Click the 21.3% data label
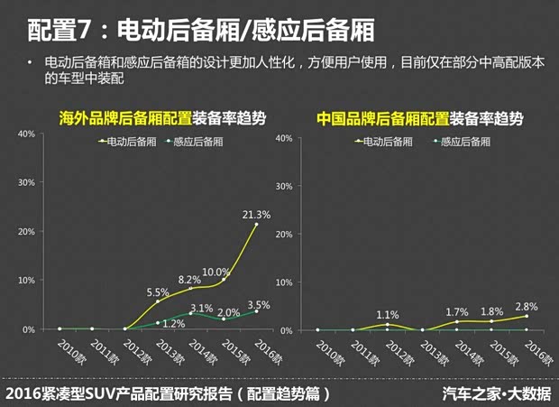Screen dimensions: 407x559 point(256,215)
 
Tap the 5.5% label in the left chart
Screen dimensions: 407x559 point(158,292)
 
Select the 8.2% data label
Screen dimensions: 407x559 point(189,280)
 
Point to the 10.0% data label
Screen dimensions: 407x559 point(215,272)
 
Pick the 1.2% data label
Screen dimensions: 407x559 point(174,323)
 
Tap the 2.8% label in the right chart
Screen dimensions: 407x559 point(527,306)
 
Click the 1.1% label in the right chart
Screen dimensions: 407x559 point(387,314)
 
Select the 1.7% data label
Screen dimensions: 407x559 point(458,311)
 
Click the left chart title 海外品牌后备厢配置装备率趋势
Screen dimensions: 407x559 point(162,119)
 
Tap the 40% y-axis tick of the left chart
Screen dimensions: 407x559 point(26,134)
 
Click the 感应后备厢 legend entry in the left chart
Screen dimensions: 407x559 point(197,141)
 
